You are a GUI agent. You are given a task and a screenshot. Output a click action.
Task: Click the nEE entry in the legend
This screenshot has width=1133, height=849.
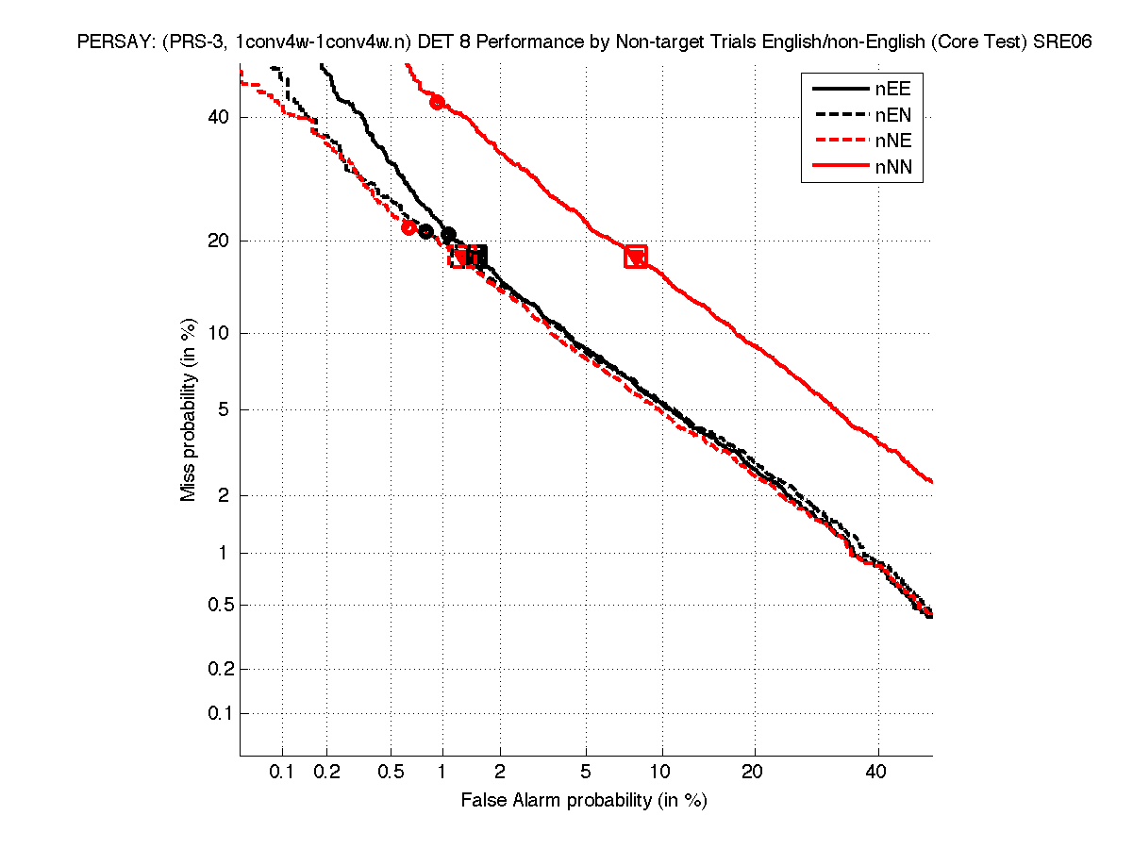892,89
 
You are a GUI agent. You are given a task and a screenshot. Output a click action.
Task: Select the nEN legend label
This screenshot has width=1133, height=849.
892,115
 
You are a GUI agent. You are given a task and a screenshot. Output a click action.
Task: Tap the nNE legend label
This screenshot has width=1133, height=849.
892,141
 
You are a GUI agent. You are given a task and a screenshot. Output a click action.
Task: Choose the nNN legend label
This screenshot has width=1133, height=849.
892,168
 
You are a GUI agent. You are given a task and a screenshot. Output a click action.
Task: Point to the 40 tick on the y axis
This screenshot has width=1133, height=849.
220,118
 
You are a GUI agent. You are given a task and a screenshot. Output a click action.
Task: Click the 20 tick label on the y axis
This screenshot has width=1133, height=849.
220,241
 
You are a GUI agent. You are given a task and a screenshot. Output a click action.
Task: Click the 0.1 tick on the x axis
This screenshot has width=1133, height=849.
282,773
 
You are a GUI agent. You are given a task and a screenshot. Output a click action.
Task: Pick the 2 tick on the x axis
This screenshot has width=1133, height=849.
500,773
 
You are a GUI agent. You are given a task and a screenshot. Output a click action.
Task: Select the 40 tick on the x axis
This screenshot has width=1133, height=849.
877,773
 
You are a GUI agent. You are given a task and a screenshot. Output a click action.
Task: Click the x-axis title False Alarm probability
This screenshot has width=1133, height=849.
584,801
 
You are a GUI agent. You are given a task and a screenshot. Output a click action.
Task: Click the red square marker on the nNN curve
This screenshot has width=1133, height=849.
636,256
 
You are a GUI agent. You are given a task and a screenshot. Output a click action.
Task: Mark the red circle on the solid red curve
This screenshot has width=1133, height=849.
437,102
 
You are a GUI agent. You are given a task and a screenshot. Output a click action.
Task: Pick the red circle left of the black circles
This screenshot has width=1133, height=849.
408,227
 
